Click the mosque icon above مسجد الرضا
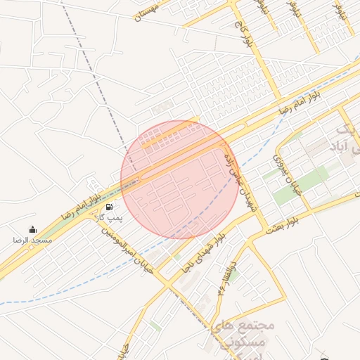(32, 229)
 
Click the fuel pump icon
(109, 207)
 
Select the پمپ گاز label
(110, 219)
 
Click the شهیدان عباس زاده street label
(238, 179)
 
